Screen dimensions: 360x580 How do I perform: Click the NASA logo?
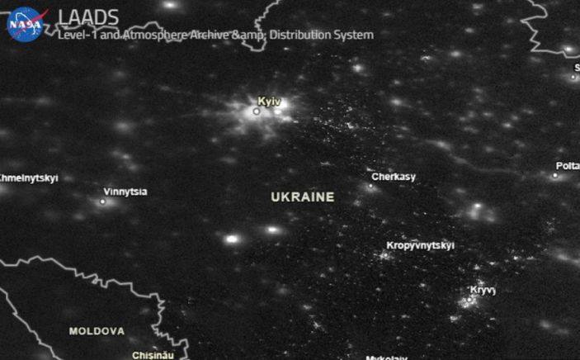coord(26,23)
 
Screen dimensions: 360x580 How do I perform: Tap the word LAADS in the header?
coord(88,17)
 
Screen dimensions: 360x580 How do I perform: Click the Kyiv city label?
coord(269,101)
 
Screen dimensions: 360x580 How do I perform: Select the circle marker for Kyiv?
coord(257,111)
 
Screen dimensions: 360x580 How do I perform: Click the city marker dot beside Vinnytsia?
coord(103,201)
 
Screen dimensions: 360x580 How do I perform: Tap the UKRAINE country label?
coord(303,197)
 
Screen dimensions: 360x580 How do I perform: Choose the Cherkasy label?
coord(394,177)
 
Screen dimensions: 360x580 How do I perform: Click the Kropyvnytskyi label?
coord(420,245)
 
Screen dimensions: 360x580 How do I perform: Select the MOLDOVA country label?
coord(97,331)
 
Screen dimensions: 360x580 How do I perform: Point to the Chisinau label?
coord(153,355)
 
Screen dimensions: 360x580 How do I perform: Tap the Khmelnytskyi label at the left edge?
coord(28,178)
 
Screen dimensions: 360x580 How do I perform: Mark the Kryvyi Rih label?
coord(483,290)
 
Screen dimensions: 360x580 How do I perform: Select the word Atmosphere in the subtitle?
coord(172,35)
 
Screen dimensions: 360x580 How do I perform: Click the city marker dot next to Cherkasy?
coord(370,186)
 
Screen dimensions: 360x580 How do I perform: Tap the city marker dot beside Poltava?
coord(555,175)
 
